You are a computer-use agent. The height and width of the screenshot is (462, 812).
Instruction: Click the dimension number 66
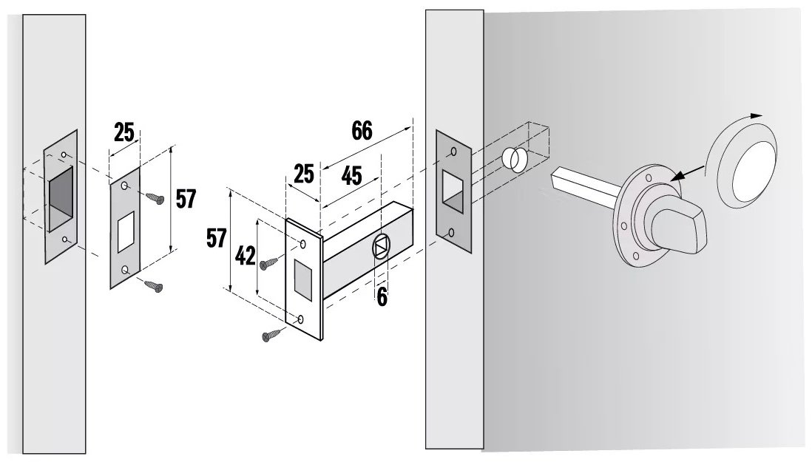pos(362,130)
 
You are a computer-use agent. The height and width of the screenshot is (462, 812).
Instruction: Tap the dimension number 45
pos(351,176)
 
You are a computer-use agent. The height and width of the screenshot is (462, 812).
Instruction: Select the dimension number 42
pos(245,256)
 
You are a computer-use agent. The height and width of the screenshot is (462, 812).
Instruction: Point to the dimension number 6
pos(382,297)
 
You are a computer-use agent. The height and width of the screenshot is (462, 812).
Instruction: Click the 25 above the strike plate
pos(124,132)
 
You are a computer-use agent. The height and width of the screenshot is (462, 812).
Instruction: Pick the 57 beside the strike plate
pos(186,199)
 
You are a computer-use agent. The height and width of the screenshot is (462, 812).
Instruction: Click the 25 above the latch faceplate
pos(304,174)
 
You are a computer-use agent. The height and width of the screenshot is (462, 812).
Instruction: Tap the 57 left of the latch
pos(217,239)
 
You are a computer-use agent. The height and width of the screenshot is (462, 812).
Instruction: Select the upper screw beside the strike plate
pos(155,198)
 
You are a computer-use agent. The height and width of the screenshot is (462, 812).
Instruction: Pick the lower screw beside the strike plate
pos(153,285)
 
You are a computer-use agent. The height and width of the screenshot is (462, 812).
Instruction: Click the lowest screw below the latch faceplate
pos(272,336)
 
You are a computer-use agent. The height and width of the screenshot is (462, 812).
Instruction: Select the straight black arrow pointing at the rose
pos(687,174)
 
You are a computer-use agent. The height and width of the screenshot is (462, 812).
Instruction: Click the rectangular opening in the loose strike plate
pos(126,232)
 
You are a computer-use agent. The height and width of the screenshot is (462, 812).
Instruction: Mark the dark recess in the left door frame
pos(61,199)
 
